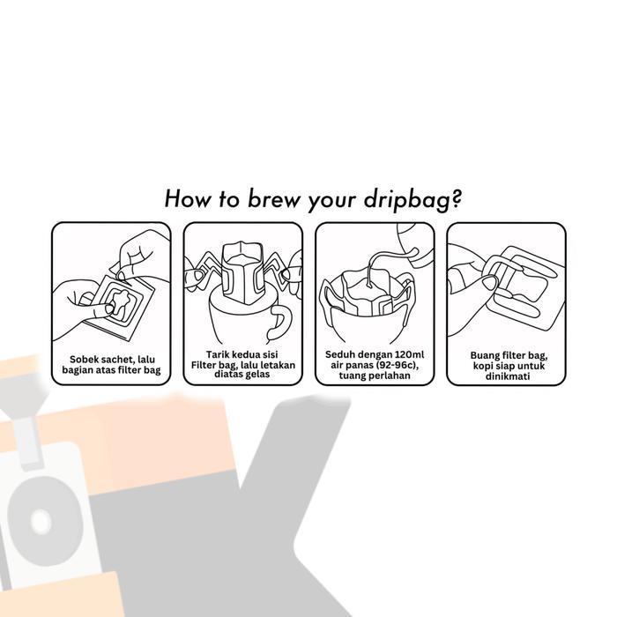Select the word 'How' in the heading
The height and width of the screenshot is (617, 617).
(187, 198)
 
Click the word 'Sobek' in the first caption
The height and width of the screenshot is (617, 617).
(87, 360)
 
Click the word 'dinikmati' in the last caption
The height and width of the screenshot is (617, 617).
(506, 375)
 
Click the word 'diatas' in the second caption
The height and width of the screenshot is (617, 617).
(227, 374)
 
